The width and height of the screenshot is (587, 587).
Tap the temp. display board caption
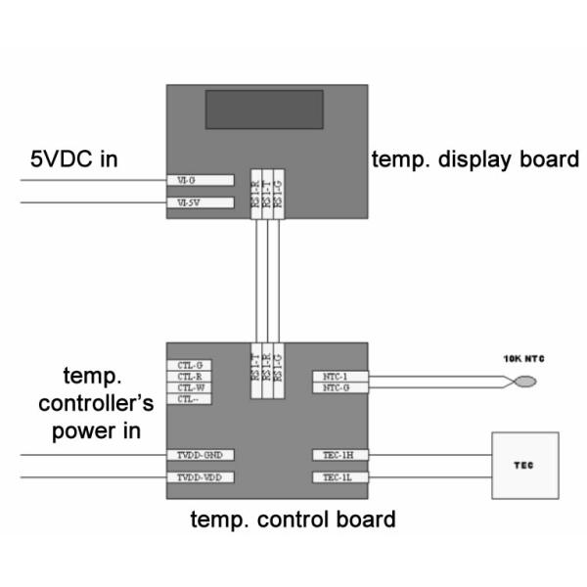click(x=474, y=158)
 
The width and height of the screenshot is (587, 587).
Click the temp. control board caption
click(x=293, y=519)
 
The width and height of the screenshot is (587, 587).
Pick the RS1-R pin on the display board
click(x=254, y=194)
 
